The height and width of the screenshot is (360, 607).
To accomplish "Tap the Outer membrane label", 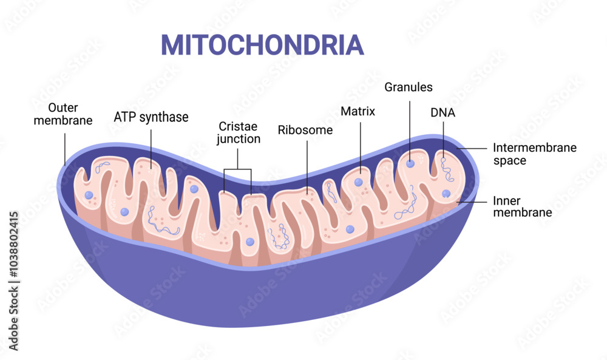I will [63, 114].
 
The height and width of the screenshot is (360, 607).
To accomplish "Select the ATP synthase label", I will [151, 117].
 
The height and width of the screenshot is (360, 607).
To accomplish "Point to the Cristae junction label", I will [239, 132].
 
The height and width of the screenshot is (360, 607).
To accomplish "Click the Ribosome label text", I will [305, 130].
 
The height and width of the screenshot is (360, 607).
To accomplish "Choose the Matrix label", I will [358, 112].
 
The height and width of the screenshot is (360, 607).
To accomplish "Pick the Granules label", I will [409, 87].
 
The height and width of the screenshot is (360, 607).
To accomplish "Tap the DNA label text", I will [443, 112].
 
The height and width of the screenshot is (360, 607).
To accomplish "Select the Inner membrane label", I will [522, 206].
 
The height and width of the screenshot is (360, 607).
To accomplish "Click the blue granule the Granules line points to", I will [411, 163].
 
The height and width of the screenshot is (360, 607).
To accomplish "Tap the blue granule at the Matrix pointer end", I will [359, 182].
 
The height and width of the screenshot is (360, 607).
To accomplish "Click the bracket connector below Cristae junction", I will [237, 169].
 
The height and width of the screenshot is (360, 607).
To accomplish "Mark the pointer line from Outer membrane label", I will [64, 149].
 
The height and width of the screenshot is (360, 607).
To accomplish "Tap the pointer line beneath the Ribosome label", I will [307, 164].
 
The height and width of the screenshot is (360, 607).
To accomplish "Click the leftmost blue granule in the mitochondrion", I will [89, 195].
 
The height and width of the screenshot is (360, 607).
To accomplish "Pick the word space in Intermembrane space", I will [510, 161].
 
